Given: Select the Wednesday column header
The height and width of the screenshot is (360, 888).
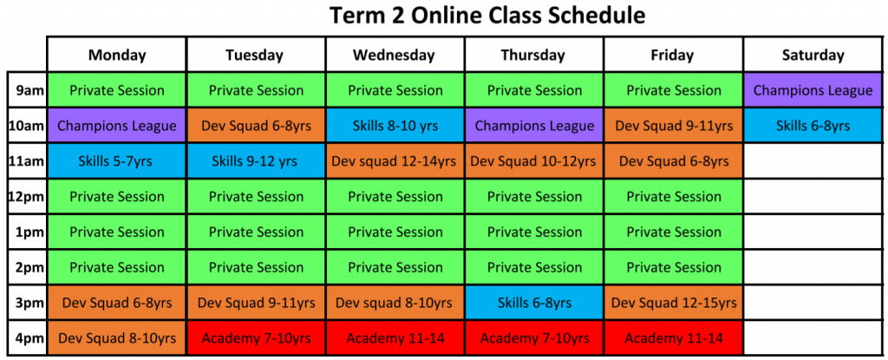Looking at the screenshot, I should click(395, 55).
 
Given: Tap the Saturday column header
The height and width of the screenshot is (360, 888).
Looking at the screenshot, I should click(813, 55).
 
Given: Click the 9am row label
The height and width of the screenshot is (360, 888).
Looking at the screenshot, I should click(27, 90).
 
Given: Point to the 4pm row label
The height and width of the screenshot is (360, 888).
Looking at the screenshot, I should click(27, 337).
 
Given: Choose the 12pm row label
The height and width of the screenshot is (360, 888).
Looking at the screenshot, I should click(27, 197).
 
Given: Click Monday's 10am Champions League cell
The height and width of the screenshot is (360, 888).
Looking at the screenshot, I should click(116, 126).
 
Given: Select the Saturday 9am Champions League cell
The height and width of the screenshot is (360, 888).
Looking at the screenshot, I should click(813, 90).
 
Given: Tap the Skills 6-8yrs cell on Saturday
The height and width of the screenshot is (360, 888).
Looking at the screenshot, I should click(813, 126).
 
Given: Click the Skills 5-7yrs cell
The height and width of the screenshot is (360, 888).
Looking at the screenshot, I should click(116, 161).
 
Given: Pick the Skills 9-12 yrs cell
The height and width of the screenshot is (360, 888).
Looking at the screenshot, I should click(256, 161).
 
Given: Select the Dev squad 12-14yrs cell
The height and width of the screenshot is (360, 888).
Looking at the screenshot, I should click(395, 161).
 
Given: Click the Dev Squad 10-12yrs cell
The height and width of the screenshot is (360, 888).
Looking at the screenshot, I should click(534, 161).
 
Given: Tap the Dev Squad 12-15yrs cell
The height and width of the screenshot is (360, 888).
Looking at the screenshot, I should click(674, 303).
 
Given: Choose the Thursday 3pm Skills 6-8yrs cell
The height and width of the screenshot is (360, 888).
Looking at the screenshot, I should click(534, 303).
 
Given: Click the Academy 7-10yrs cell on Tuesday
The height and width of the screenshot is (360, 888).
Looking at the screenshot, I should click(256, 337).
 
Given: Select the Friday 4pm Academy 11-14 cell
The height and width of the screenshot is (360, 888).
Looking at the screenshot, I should click(674, 337).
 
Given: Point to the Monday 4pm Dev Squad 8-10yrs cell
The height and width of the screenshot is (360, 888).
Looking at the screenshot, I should click(116, 337).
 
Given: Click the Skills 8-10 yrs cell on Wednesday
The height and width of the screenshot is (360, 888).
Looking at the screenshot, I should click(395, 126).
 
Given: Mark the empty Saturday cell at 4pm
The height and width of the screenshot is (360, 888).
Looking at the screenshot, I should click(813, 337).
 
